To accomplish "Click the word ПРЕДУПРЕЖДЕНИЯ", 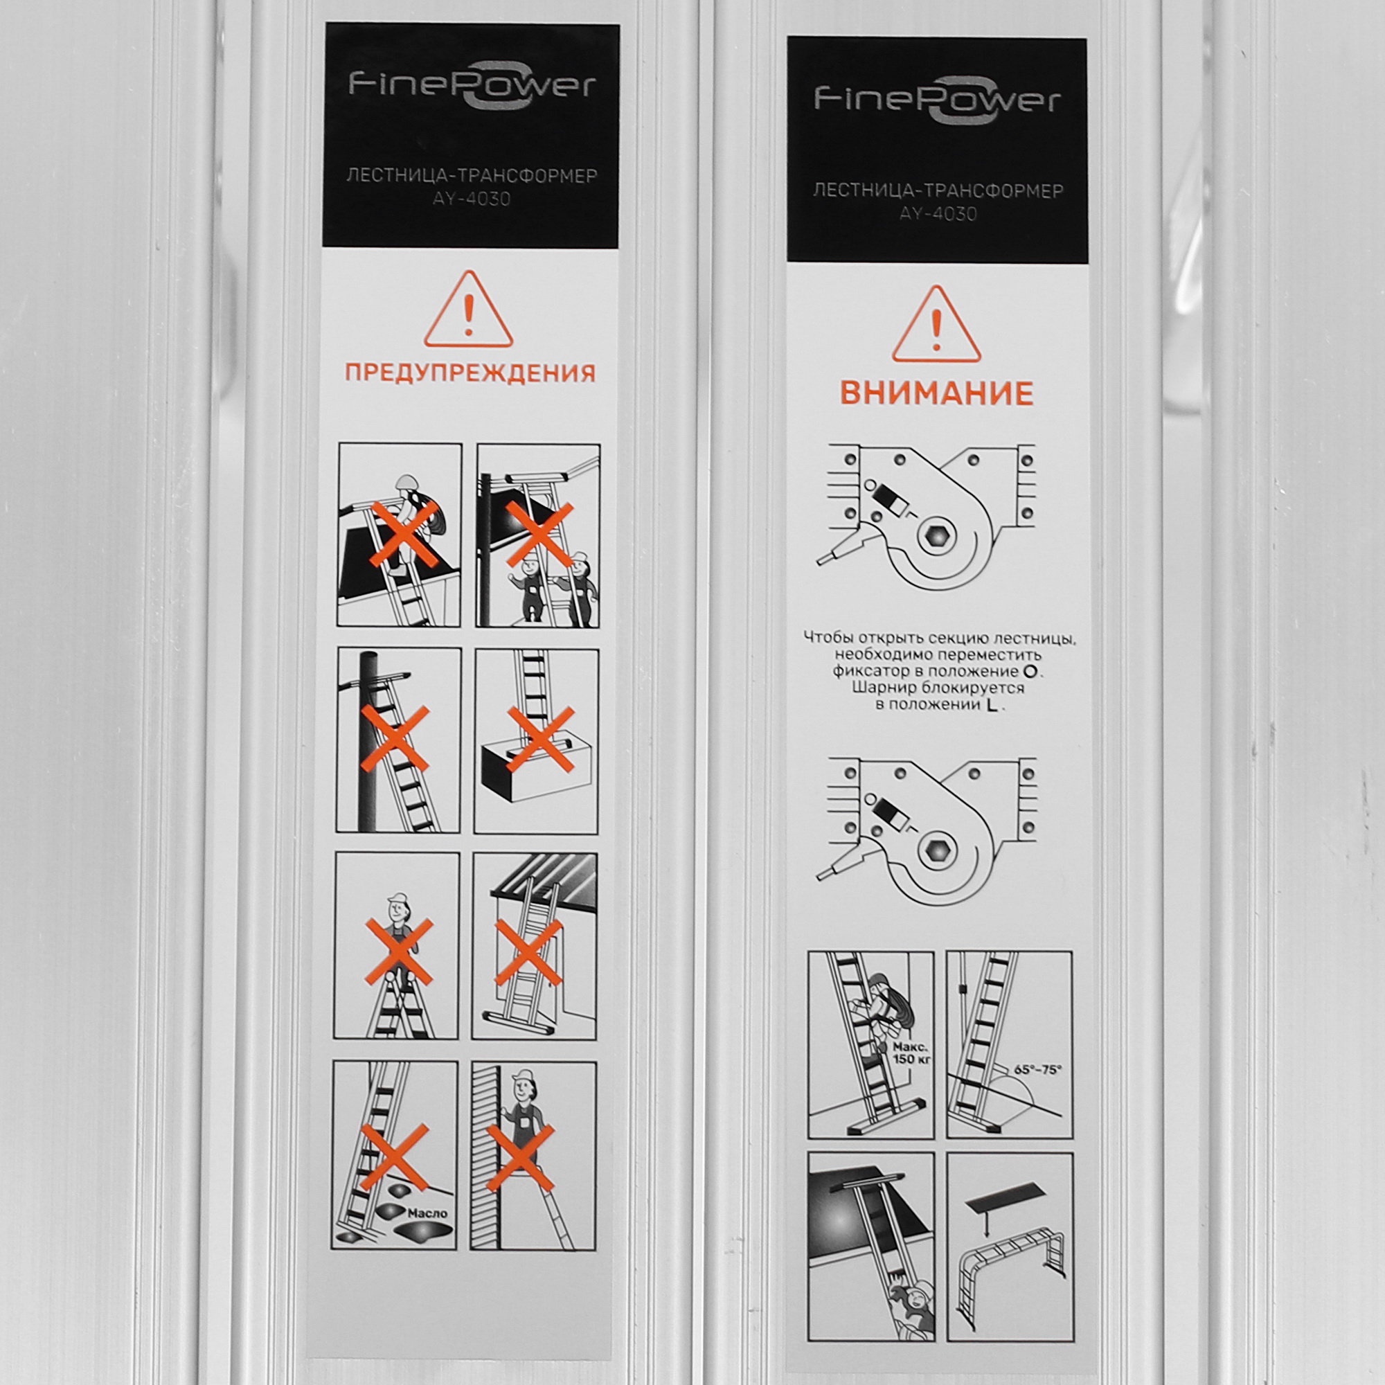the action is pos(470,373).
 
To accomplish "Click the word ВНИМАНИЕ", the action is pos(936,393).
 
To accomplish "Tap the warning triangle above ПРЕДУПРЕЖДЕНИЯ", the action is pos(469,310).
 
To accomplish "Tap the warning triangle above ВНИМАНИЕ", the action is pos(936,325).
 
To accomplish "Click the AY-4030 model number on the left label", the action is pos(471,199).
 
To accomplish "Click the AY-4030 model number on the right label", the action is pos(938,213).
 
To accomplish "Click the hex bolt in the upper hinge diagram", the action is pos(936,535).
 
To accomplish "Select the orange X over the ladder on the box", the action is pos(541,740).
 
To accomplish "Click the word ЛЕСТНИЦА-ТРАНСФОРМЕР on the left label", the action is pos(472,177).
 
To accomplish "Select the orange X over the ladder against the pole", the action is pos(395,739).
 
